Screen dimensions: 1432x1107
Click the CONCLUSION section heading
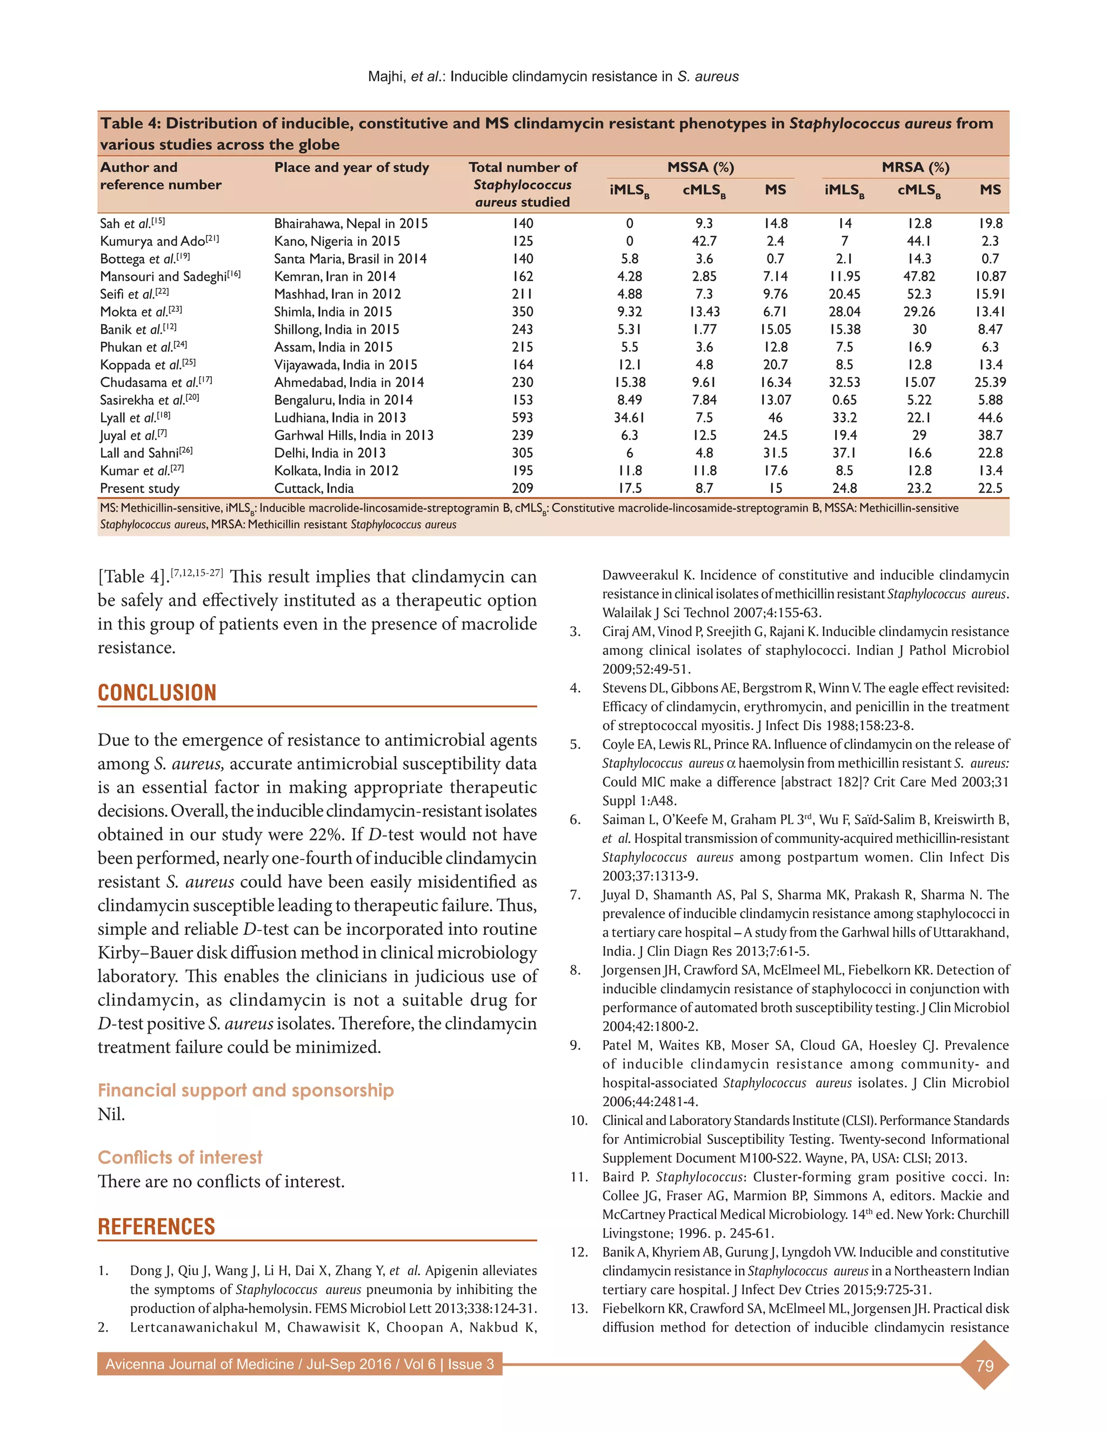point(157,692)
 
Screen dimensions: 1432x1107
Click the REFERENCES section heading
point(156,1226)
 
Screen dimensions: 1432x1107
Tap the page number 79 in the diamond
point(984,1366)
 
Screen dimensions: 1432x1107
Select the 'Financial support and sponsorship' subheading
point(245,1090)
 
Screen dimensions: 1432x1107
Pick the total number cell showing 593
point(522,418)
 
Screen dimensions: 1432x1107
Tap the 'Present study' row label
point(139,488)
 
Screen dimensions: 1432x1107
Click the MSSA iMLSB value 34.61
point(629,418)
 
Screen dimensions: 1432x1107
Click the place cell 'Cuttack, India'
point(314,488)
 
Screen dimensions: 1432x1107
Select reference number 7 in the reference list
point(575,894)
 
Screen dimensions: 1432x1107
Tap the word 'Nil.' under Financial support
point(111,1114)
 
